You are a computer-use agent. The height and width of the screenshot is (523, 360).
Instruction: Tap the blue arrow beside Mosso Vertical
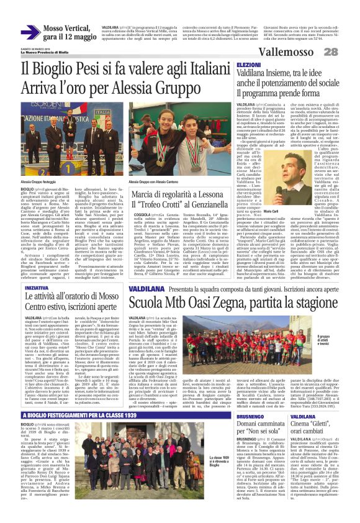pyautogui.click(x=30, y=32)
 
